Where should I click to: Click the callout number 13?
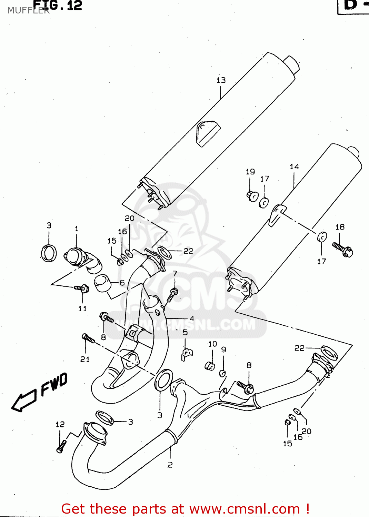pos(221,80)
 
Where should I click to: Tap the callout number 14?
pos(294,167)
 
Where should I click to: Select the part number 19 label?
pos(250,172)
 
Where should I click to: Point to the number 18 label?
pos(340,227)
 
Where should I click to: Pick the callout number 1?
pos(77,229)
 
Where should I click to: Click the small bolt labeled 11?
pos(82,288)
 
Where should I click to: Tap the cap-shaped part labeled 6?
pos(102,283)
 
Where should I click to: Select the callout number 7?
pos(175,273)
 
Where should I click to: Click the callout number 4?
pos(192,318)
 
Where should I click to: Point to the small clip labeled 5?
pos(187,354)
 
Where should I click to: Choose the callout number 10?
pos(212,344)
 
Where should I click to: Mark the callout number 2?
pos(170,465)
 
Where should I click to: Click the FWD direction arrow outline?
pos(24,401)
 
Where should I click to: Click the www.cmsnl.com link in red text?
pos(245,509)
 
